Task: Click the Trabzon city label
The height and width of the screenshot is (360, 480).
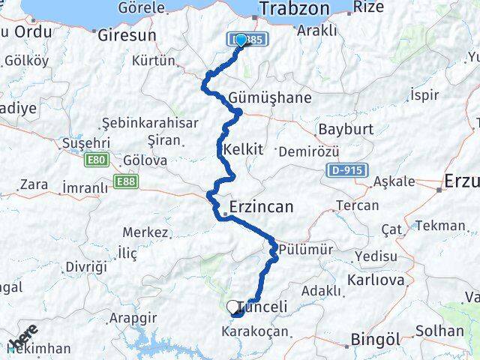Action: click(x=295, y=9)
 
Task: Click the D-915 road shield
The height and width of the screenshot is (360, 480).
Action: click(x=346, y=170)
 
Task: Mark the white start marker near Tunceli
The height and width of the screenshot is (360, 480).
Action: click(x=232, y=306)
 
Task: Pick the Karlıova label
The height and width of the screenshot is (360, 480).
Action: click(x=376, y=280)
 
